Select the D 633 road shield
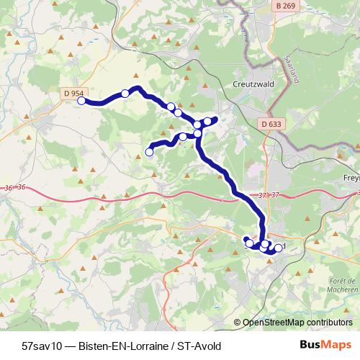(271, 124)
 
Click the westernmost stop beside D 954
(81, 101)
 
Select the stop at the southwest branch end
(150, 151)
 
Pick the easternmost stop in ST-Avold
(279, 248)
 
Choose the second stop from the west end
(125, 93)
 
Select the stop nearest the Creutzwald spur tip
(208, 120)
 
